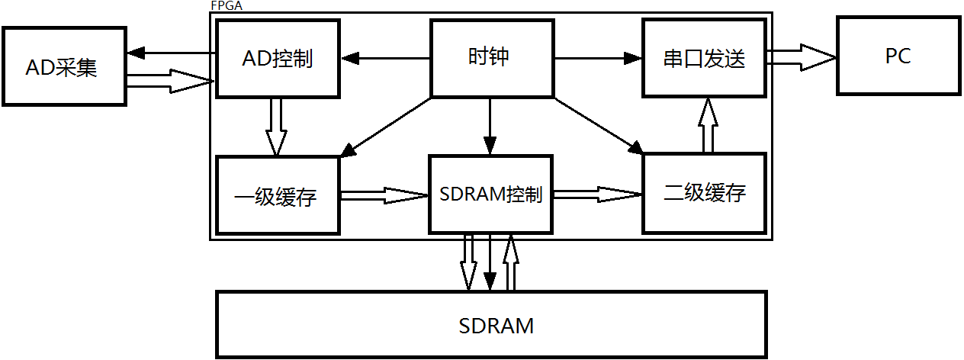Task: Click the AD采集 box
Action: (x=64, y=66)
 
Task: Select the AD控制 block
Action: (x=278, y=59)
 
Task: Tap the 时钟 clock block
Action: (x=492, y=59)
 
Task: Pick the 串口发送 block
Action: (x=704, y=59)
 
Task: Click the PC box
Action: (x=898, y=56)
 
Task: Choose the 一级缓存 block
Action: (x=278, y=195)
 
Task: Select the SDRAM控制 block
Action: (x=491, y=194)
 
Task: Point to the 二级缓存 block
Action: (x=704, y=194)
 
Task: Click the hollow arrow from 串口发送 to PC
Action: (x=801, y=56)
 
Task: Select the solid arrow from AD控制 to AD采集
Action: (x=172, y=53)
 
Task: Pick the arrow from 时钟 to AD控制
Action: (x=385, y=58)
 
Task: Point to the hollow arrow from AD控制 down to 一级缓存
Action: (x=276, y=127)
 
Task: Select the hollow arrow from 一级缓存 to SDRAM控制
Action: (x=384, y=195)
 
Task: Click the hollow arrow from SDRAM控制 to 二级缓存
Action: (x=597, y=194)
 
